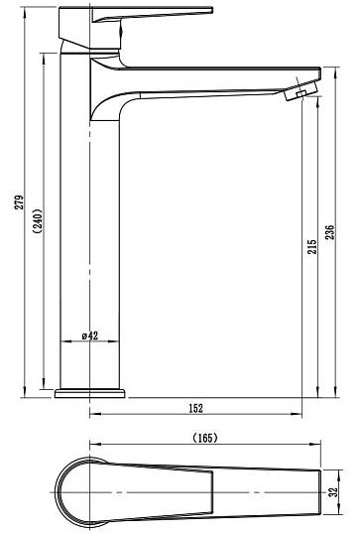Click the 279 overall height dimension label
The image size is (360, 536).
(x=20, y=202)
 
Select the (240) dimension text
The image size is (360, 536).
(x=39, y=220)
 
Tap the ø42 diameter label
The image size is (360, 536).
(x=90, y=335)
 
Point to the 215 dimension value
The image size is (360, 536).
(x=312, y=246)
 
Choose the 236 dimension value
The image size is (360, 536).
(x=329, y=232)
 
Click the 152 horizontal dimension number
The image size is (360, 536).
(x=195, y=408)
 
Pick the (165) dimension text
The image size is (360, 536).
(x=205, y=438)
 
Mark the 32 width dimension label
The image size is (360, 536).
(x=333, y=491)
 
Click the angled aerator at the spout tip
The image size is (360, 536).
(x=301, y=90)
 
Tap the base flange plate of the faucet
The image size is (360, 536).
(x=90, y=393)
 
